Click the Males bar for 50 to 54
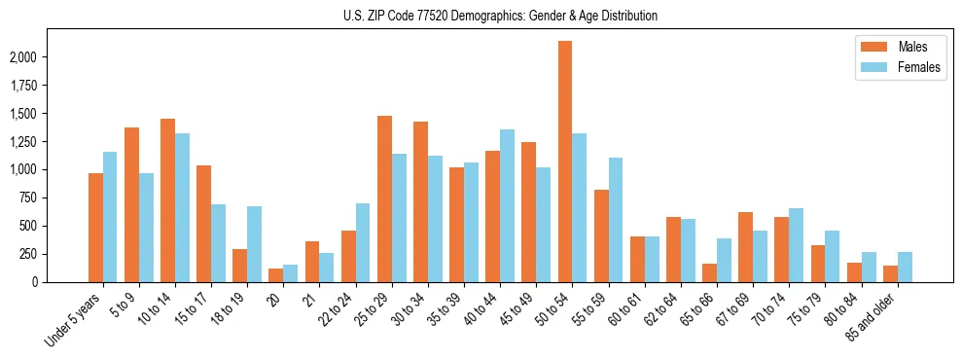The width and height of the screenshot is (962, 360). coord(564,162)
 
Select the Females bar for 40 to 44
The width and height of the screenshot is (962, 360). coord(507,205)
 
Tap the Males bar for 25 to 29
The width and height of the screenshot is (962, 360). coord(384,198)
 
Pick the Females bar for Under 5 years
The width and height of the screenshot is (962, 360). coord(110,216)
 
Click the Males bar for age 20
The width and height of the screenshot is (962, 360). coord(276,275)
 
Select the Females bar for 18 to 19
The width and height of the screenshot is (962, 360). coord(254,243)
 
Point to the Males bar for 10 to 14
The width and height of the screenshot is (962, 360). coord(167,200)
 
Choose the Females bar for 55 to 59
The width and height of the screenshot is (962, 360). coord(615,220)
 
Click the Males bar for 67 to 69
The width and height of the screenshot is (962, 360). coord(745,247)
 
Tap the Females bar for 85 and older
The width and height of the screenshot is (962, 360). coord(905,267)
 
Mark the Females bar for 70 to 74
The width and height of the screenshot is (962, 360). coord(796,245)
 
